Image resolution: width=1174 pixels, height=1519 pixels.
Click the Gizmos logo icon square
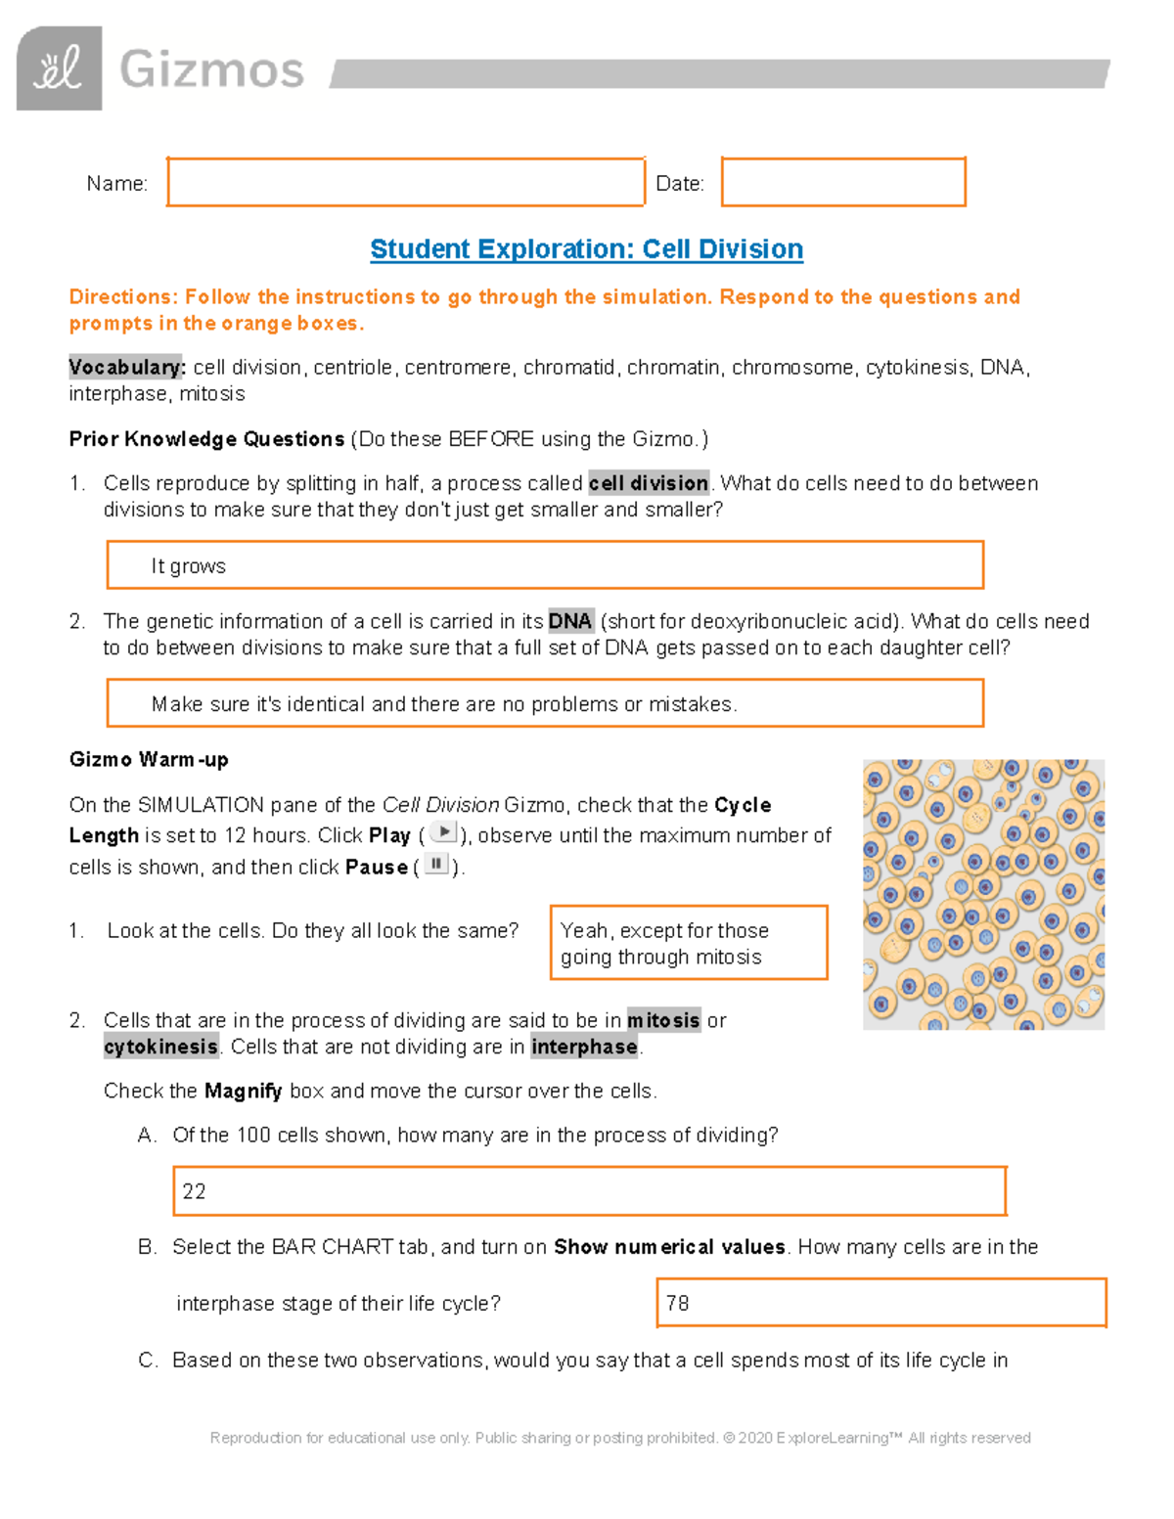click(x=59, y=68)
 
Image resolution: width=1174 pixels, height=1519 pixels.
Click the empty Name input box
click(x=405, y=182)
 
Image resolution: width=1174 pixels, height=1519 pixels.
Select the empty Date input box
click(x=843, y=182)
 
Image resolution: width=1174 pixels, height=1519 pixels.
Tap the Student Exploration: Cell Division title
click(x=586, y=249)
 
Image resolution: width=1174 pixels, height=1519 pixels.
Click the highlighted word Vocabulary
click(x=125, y=368)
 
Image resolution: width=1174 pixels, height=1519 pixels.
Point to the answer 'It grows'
click(x=188, y=566)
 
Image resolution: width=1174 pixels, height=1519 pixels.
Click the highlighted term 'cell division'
click(x=648, y=483)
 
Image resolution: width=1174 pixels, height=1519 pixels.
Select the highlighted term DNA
click(x=569, y=621)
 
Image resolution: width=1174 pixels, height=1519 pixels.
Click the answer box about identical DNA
click(x=544, y=703)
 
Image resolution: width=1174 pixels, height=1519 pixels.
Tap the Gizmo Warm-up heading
click(x=149, y=760)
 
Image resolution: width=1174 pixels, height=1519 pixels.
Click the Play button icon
click(x=443, y=832)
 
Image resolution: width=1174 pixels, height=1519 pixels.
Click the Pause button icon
click(x=435, y=865)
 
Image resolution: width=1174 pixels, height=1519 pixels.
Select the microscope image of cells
click(x=983, y=894)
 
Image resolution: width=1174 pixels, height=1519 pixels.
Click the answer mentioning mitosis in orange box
click(x=689, y=943)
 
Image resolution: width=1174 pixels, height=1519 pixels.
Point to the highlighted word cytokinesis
click(x=160, y=1047)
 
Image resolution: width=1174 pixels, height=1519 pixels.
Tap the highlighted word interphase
click(x=584, y=1047)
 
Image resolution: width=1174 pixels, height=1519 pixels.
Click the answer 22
click(x=194, y=1191)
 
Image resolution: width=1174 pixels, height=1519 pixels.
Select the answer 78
click(x=677, y=1303)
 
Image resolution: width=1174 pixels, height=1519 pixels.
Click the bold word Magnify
click(x=243, y=1091)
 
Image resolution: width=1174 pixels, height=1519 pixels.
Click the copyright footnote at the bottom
click(x=620, y=1438)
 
